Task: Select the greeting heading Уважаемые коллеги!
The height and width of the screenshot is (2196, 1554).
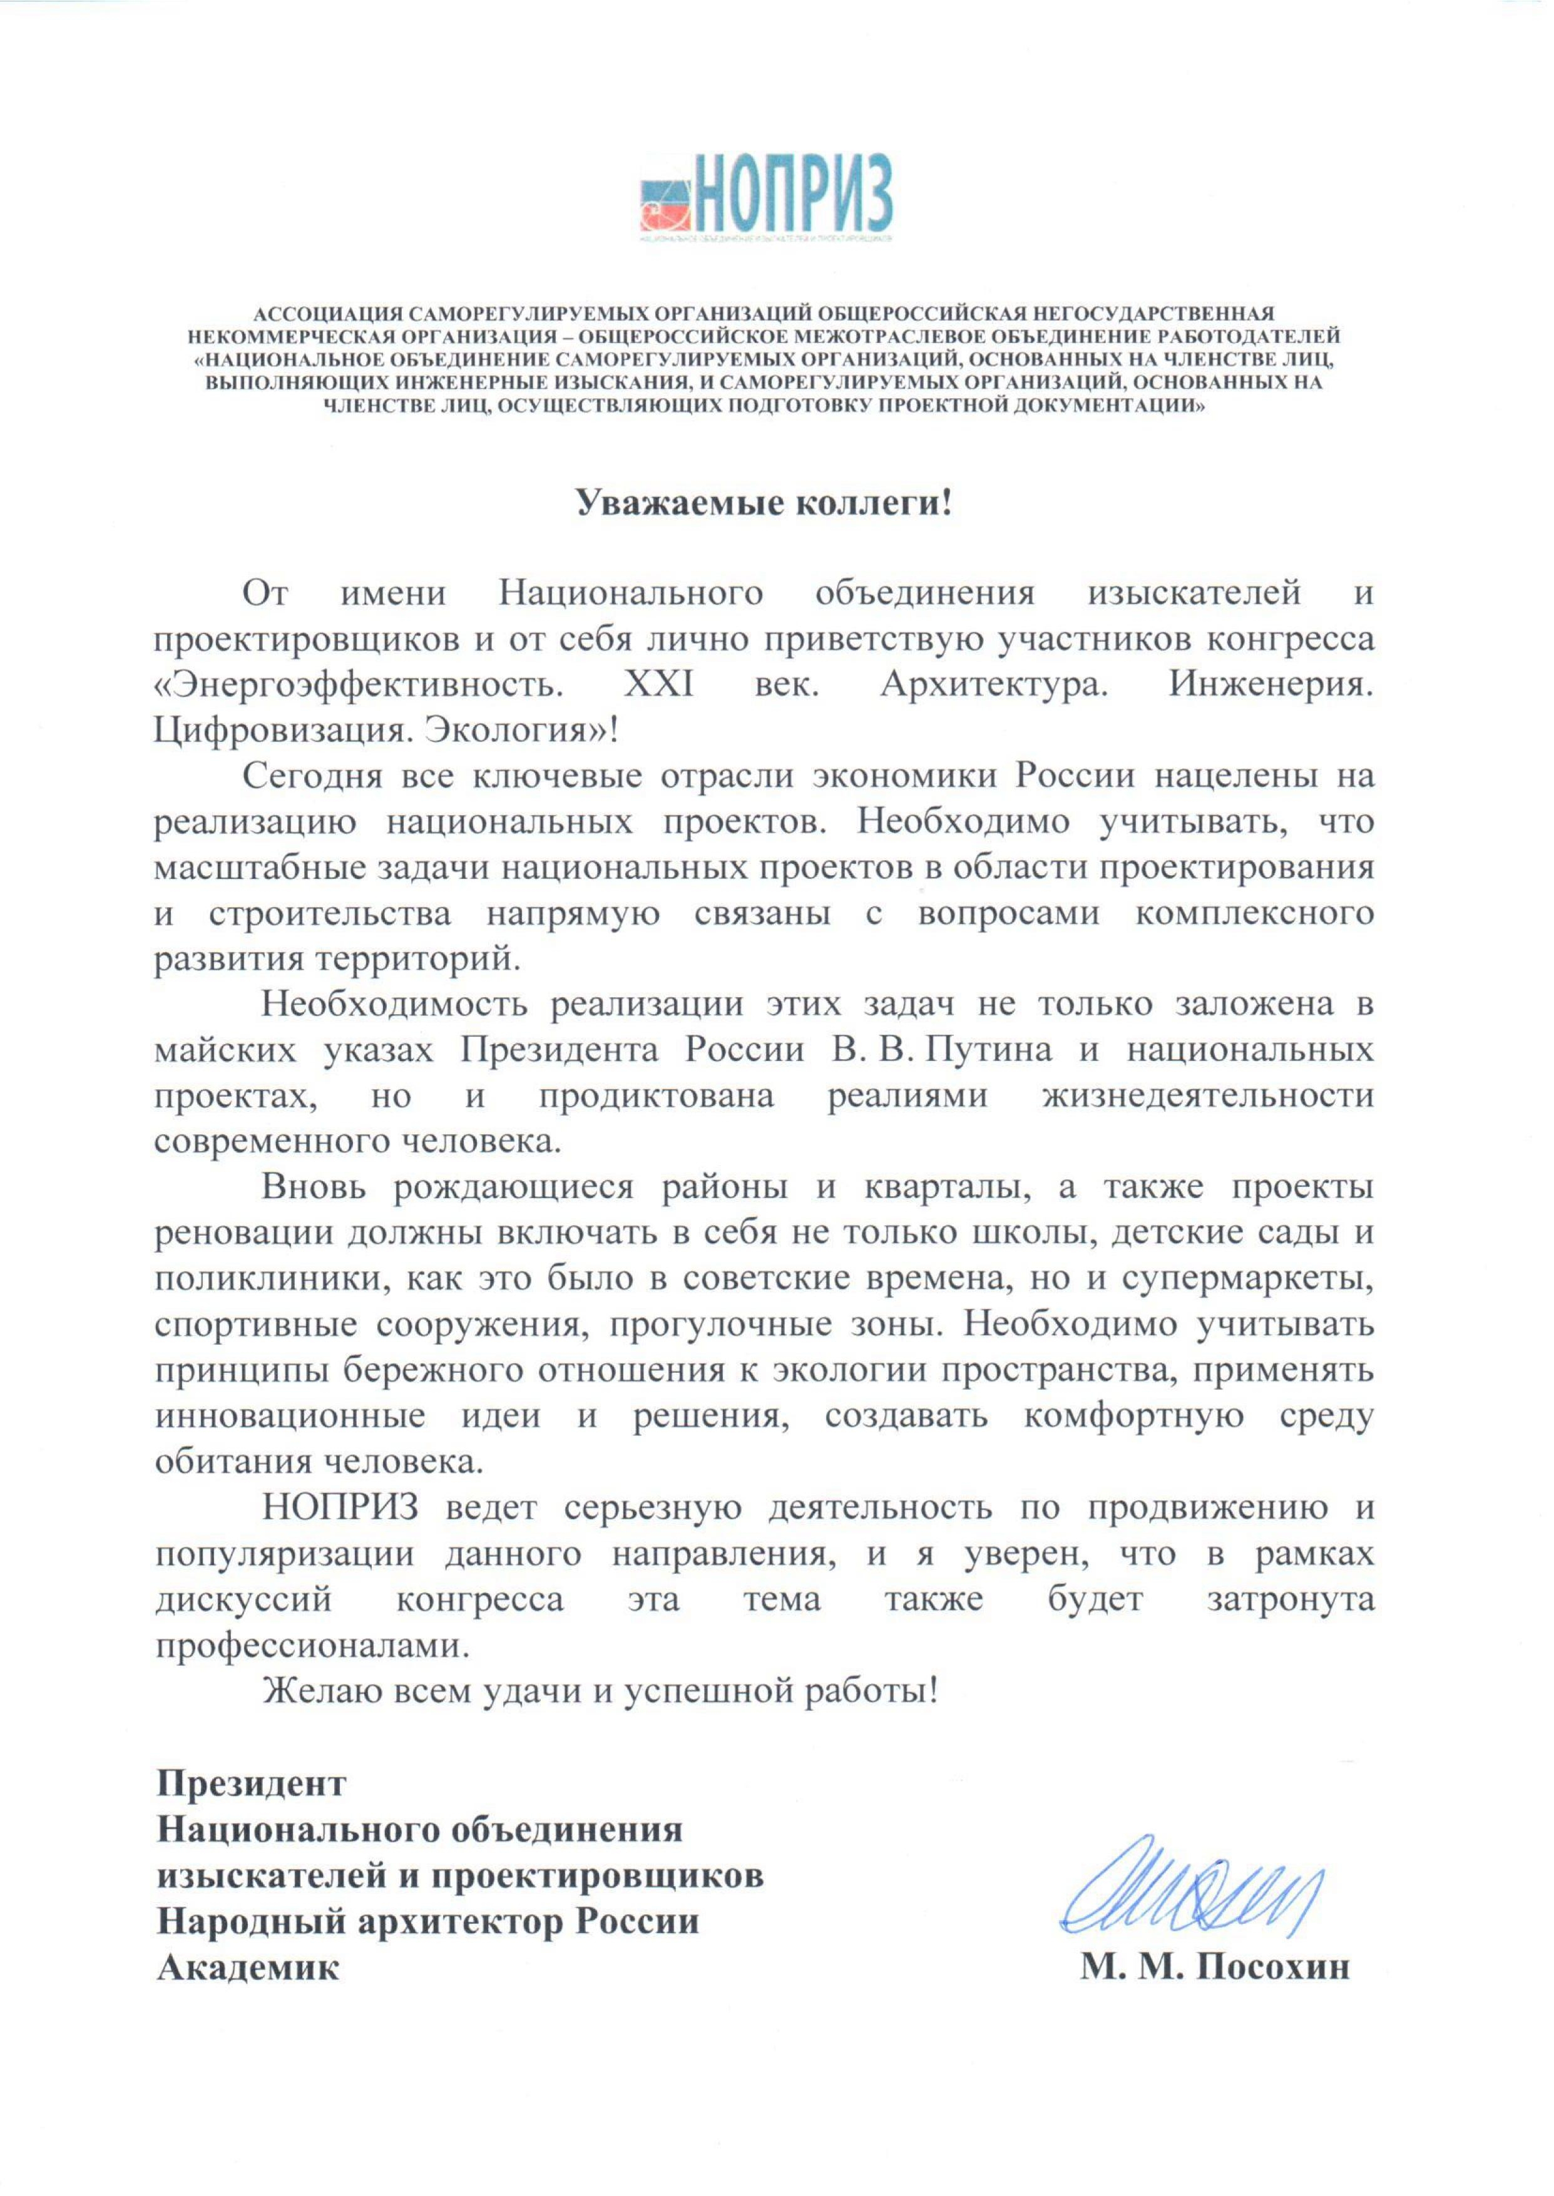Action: pyautogui.click(x=764, y=502)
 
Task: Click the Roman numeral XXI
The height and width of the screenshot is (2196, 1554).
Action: pyautogui.click(x=658, y=684)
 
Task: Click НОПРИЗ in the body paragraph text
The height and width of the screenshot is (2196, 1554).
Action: pyautogui.click(x=340, y=1509)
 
